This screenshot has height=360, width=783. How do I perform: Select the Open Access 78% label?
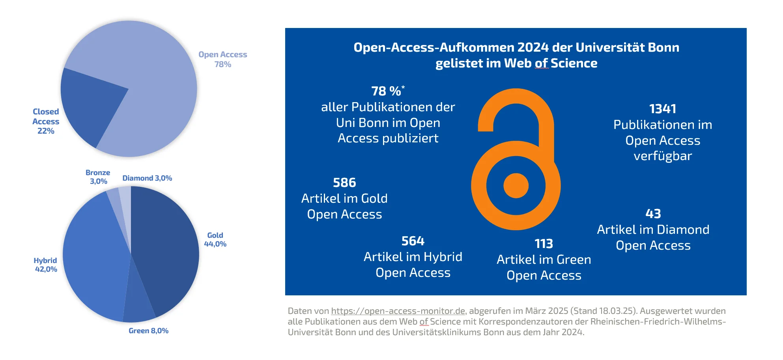[222, 59]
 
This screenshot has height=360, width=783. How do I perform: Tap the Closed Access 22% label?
[46, 121]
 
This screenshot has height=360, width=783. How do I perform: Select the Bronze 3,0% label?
[98, 177]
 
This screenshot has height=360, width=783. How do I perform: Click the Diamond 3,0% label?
[147, 178]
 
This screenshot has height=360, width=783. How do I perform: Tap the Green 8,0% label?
[148, 331]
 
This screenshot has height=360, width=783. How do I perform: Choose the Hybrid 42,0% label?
[46, 265]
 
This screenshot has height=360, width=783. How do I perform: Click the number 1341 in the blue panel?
[663, 109]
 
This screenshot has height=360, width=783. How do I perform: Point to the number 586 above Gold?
[344, 183]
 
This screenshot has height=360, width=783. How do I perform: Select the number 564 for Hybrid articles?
[413, 241]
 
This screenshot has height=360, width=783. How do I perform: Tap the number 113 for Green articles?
[544, 244]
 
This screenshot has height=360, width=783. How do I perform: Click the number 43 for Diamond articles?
[653, 214]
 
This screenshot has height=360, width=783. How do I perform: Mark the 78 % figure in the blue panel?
[387, 91]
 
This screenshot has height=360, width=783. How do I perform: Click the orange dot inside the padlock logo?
[516, 185]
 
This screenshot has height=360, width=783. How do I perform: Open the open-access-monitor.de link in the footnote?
[398, 311]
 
